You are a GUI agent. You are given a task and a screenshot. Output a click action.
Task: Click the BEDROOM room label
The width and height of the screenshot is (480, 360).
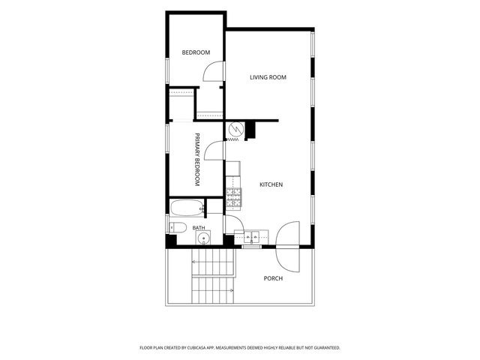196,52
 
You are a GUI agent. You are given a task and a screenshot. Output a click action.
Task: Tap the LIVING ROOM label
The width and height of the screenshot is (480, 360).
268,77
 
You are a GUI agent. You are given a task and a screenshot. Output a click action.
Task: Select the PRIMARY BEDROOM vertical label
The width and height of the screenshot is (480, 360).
197,160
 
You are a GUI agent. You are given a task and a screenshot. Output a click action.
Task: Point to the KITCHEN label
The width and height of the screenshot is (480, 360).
271,184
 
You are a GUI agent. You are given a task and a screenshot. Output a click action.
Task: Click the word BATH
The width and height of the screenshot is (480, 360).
199,228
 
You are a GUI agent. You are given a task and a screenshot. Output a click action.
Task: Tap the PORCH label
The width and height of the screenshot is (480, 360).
273,278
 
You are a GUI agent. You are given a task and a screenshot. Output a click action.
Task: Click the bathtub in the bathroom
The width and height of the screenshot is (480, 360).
187,208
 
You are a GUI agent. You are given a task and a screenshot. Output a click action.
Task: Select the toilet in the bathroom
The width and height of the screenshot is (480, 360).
178,227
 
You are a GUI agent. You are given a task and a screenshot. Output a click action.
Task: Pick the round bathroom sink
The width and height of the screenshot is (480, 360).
203,238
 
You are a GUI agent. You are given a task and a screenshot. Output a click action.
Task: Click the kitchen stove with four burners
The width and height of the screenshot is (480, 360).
234,196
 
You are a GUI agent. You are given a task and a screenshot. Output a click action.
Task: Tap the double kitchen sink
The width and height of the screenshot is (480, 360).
251,237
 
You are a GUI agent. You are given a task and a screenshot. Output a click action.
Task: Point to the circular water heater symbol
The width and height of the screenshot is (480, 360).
237,129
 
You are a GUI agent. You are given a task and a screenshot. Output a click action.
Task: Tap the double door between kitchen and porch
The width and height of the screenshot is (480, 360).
287,247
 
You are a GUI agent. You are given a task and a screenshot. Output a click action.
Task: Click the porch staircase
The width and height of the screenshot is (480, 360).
213,277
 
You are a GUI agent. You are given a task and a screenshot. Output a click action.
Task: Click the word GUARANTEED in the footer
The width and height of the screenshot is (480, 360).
328,348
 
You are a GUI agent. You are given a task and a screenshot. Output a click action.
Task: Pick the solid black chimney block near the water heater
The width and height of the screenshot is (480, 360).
250,130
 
